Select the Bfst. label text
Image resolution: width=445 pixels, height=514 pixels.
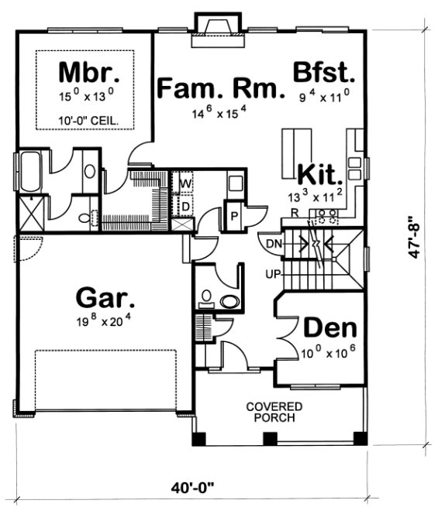tap(323, 74)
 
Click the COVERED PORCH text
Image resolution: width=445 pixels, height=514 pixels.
tap(274, 412)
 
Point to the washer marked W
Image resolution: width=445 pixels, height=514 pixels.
tap(186, 183)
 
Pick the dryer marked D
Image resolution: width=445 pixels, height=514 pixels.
tap(186, 207)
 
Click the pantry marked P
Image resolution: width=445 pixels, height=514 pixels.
tap(233, 214)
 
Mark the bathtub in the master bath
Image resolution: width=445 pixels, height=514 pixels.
tap(33, 175)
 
